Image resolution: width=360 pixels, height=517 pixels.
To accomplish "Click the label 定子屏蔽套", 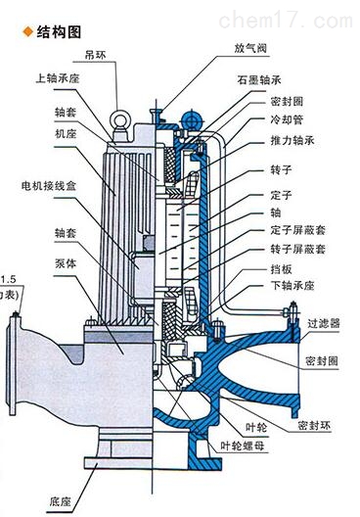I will (x=292, y=229).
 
